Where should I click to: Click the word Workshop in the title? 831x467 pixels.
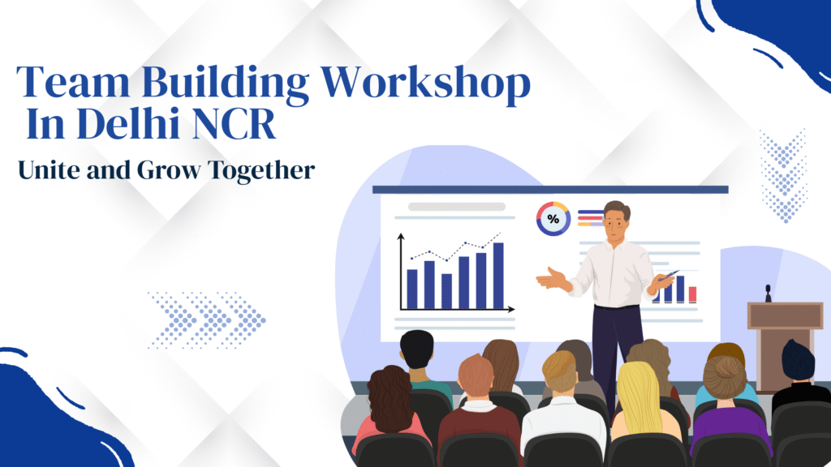coord(425,84)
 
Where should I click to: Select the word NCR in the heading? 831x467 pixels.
coord(234,124)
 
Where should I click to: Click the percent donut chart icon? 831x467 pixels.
coord(553,218)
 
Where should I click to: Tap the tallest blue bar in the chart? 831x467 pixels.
coord(498,276)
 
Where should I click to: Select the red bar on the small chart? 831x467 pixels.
coord(692,294)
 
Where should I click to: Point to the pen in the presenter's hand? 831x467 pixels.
coord(669,275)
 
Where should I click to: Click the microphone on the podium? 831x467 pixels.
coord(768,293)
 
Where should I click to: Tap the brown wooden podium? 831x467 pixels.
coord(785,344)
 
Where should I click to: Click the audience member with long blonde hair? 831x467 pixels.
coord(644,402)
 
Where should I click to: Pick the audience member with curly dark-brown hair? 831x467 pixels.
coord(390,409)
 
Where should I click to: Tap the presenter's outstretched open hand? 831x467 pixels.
coord(551,279)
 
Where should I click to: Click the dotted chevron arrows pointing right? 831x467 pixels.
coord(207,319)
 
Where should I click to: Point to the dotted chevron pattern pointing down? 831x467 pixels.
coord(784,176)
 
